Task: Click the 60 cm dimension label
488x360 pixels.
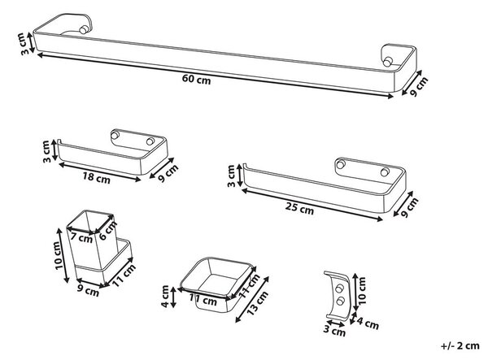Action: (x=196, y=80)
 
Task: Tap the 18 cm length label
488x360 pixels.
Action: (x=96, y=178)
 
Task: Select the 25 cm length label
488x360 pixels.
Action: (x=299, y=208)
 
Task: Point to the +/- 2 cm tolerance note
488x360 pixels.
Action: (x=460, y=345)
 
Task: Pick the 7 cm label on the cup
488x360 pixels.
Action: (x=81, y=238)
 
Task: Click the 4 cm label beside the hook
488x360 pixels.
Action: (x=368, y=323)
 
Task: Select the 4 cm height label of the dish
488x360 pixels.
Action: (x=165, y=297)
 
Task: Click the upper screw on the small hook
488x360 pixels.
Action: (x=339, y=288)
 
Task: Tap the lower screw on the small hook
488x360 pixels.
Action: (x=341, y=301)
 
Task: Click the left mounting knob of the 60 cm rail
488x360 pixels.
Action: (x=84, y=29)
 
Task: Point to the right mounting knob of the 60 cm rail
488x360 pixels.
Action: (x=387, y=62)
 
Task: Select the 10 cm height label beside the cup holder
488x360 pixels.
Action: (x=59, y=255)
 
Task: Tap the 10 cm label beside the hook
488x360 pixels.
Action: (x=362, y=291)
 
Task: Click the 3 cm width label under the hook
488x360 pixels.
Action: (x=334, y=330)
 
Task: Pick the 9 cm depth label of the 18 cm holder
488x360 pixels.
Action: (x=168, y=173)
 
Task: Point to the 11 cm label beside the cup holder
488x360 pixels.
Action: (x=124, y=275)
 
